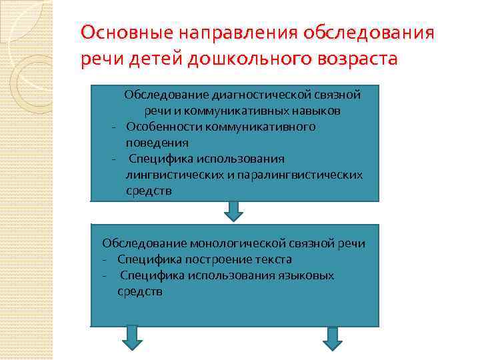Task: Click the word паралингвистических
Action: point(302,175)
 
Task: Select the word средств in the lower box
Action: point(139,291)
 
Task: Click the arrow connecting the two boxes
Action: point(233,211)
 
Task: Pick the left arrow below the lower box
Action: point(132,337)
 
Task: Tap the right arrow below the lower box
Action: point(332,337)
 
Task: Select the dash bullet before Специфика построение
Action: point(105,259)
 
